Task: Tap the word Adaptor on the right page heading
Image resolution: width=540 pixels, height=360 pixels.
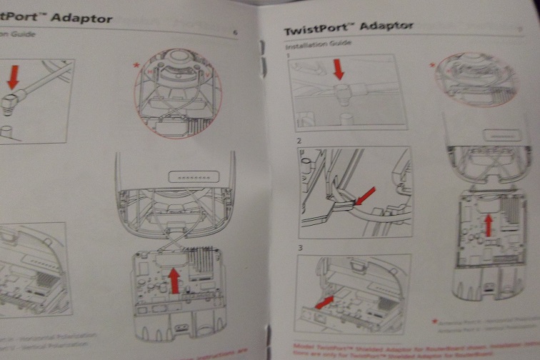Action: coord(386,26)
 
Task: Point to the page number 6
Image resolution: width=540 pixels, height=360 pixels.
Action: coord(236,33)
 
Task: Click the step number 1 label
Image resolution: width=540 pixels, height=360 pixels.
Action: coord(288,54)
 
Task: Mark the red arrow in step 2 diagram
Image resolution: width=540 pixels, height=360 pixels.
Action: coord(366,194)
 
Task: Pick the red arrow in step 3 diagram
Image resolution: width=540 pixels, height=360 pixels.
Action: coord(324,303)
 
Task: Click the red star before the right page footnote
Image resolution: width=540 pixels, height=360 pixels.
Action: coord(434,322)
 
